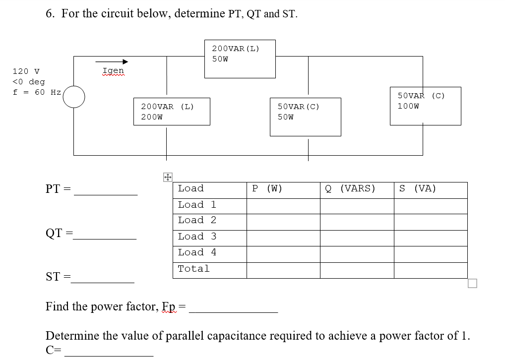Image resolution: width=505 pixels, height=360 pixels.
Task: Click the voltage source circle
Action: pos(73,97)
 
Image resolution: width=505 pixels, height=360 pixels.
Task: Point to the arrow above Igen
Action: pos(115,62)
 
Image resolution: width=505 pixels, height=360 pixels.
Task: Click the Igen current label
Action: pos(113,71)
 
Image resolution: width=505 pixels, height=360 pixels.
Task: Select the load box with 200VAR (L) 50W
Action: pos(240,59)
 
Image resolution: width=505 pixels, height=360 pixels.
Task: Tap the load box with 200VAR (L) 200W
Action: pos(172,112)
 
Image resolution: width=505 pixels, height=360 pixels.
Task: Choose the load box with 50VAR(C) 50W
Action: pos(305,117)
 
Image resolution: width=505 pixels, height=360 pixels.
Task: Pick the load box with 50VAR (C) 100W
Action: pos(426,106)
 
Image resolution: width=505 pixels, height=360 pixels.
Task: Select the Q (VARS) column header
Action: pos(350,188)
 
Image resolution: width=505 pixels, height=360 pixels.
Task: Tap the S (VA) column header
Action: pos(418,188)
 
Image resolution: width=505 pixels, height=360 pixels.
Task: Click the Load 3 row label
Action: pos(197,237)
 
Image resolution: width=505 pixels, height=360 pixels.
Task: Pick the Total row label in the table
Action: pos(194,269)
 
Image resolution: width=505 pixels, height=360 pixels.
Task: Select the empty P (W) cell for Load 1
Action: pos(283,205)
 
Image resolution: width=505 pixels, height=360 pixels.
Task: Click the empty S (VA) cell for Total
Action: pos(430,270)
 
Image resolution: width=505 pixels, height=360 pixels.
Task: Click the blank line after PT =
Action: pos(106,193)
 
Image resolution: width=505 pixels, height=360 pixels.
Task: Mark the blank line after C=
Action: pos(109,354)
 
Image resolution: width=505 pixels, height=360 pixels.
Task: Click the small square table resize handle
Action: pos(472,284)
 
